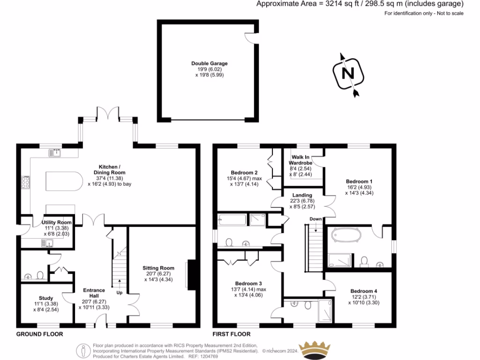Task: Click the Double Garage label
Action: tap(209, 63)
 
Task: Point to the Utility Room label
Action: tap(56, 222)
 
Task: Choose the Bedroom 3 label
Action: tap(248, 284)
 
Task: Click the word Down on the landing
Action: tap(316, 219)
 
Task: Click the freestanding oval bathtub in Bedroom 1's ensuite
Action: tap(345, 235)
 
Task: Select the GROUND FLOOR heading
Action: tap(39, 334)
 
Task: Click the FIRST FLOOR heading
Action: tap(232, 334)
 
